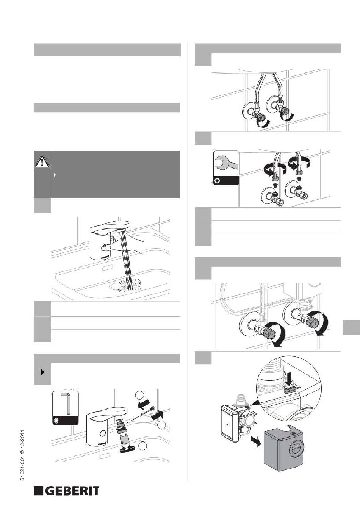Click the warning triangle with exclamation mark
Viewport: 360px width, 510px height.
(x=42, y=161)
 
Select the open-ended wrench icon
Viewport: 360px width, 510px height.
(x=226, y=163)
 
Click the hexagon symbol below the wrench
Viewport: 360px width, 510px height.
(x=218, y=181)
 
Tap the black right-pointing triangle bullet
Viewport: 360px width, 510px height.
(x=42, y=372)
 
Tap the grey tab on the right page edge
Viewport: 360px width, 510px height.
(x=351, y=327)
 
